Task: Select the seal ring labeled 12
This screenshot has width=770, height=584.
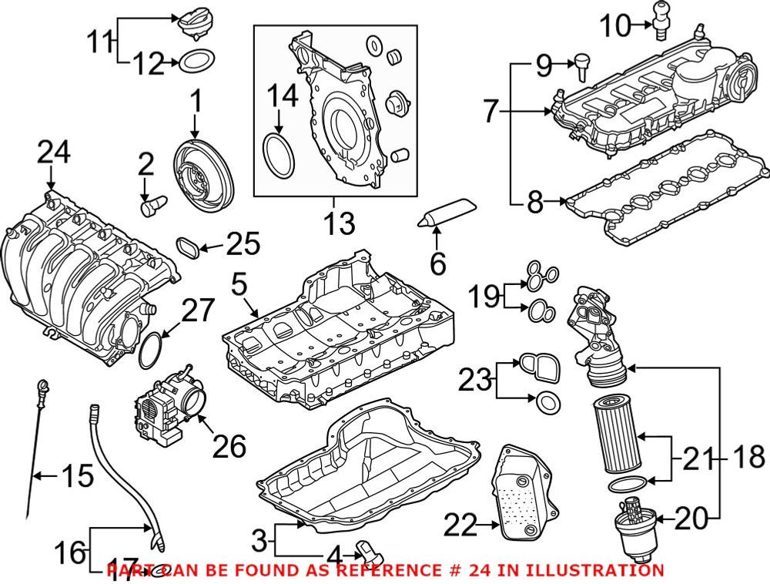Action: [196, 62]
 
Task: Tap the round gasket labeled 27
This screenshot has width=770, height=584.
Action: [152, 348]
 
